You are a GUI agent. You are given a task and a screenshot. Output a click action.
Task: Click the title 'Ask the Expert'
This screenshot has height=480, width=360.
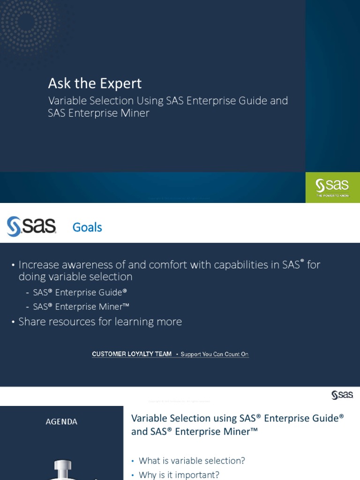point(95,83)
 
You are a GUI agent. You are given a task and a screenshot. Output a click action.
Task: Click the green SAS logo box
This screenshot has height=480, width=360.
point(332,187)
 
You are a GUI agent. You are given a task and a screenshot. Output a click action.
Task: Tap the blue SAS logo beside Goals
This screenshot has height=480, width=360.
point(31,226)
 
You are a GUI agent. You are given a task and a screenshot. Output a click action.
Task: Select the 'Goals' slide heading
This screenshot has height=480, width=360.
point(87,227)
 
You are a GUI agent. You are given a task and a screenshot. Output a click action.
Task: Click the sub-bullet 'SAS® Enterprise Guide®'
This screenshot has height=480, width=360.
point(80,292)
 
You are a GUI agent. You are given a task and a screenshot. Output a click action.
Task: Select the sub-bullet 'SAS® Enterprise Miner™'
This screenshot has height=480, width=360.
point(81,307)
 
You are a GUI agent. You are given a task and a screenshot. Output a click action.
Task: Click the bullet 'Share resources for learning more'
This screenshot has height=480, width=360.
point(100,322)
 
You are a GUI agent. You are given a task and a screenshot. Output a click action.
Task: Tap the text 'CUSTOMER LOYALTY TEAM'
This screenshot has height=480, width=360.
point(132,354)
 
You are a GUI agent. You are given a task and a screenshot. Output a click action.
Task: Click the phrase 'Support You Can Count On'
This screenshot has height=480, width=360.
point(214,354)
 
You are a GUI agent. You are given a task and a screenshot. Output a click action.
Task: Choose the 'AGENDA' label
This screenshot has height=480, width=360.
point(61,421)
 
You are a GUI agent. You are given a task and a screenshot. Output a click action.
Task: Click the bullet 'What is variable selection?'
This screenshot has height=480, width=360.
point(192,460)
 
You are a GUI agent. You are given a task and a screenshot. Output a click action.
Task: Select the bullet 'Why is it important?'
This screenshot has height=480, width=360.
point(179,475)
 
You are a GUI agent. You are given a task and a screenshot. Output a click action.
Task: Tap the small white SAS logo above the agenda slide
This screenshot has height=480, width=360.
point(342,395)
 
